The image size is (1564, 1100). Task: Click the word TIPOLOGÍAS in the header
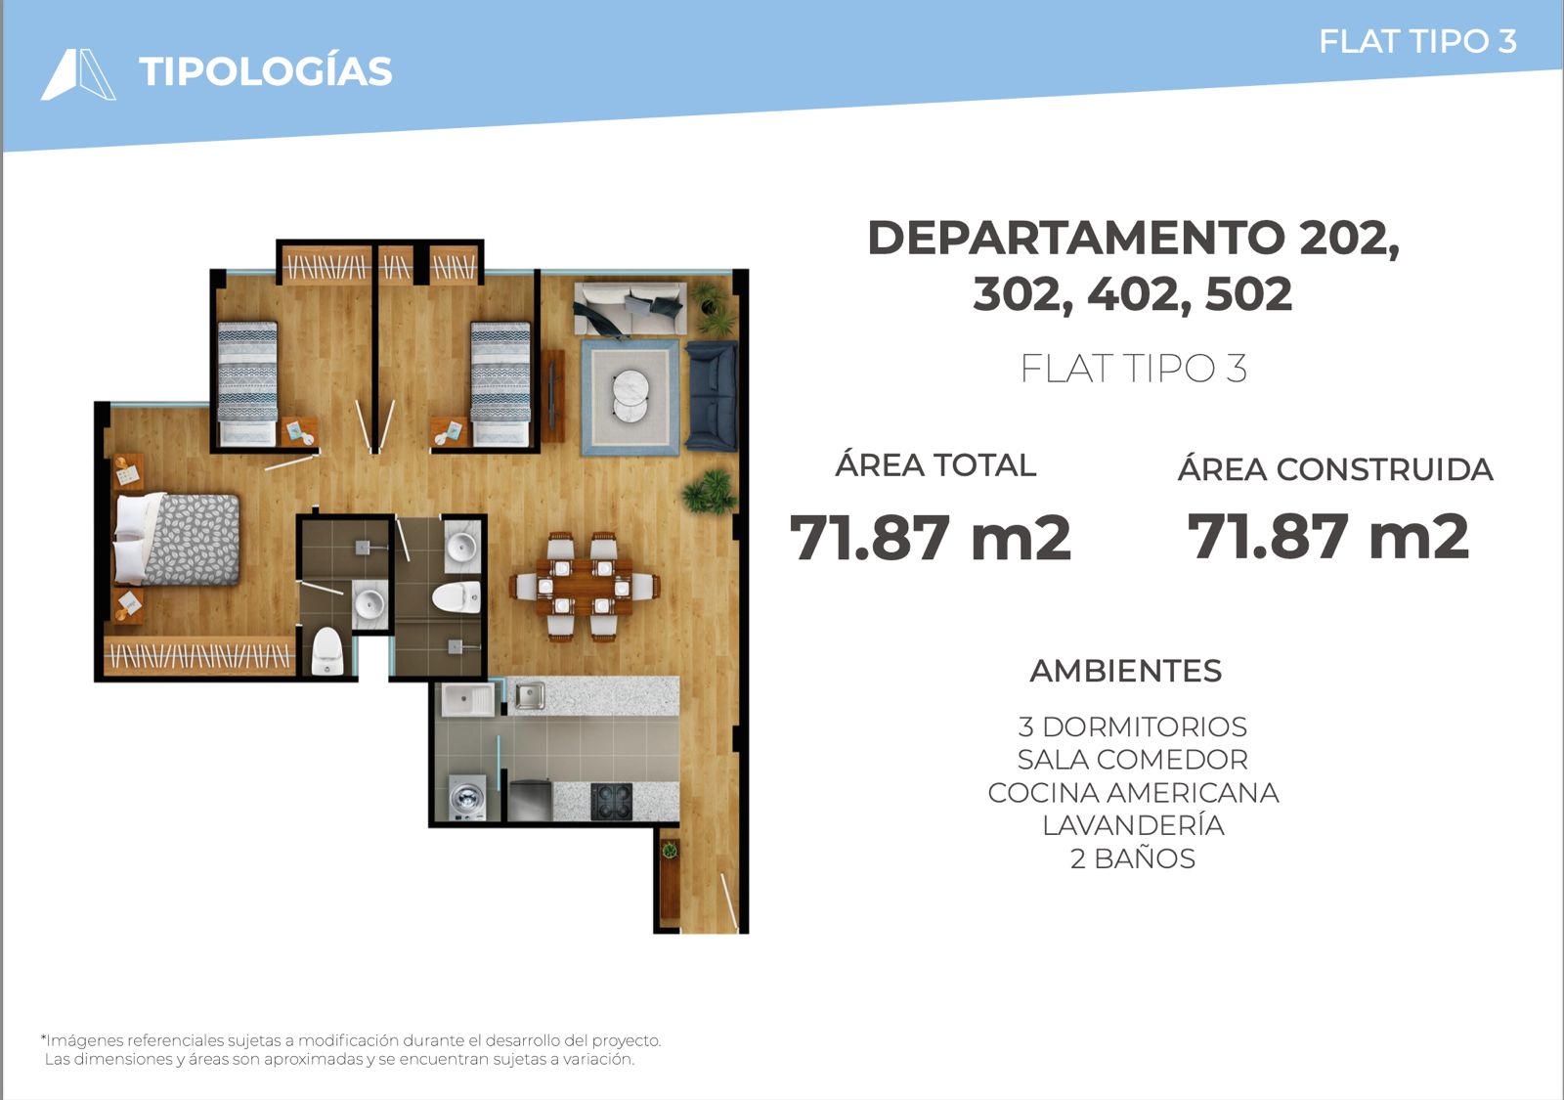(265, 70)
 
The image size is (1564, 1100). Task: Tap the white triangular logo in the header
(78, 74)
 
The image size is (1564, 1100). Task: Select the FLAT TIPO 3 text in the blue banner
(1417, 42)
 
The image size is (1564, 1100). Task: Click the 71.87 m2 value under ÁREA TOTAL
(930, 537)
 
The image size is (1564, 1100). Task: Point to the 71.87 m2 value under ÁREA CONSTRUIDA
(1328, 537)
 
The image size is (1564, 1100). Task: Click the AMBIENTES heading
(1125, 671)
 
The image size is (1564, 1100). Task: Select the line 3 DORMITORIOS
(1133, 727)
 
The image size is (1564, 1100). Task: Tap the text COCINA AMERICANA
(1133, 793)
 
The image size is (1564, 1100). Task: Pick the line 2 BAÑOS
(1133, 858)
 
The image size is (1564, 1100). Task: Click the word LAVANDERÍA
(1133, 825)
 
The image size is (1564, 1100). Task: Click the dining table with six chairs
(585, 587)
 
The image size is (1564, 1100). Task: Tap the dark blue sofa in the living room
(712, 395)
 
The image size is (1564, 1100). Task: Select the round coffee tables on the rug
(630, 395)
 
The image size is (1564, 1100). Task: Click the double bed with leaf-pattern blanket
(177, 539)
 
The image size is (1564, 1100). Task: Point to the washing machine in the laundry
(467, 798)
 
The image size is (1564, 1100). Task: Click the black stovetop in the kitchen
(612, 801)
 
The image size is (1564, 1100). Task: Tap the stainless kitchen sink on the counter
(530, 695)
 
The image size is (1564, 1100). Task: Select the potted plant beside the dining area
(710, 491)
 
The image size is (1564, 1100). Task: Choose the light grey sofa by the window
(630, 308)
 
